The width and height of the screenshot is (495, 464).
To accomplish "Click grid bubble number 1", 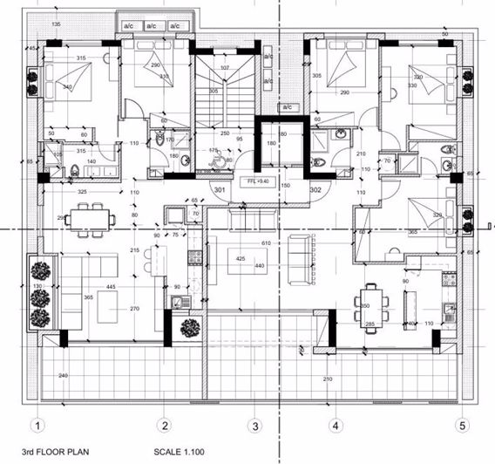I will pos(37,426).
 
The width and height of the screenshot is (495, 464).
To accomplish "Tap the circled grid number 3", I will pos(254,426).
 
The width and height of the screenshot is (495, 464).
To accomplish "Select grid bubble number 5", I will pos(463,426).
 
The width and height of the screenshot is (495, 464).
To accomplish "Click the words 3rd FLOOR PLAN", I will pos(44,454).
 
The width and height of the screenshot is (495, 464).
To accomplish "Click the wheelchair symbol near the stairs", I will pos(228,159).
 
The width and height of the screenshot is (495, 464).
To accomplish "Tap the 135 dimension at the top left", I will pos(56,24).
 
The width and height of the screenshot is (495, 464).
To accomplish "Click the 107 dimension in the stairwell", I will pos(224,68).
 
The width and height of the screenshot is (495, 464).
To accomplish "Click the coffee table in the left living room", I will pos(108,304).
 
